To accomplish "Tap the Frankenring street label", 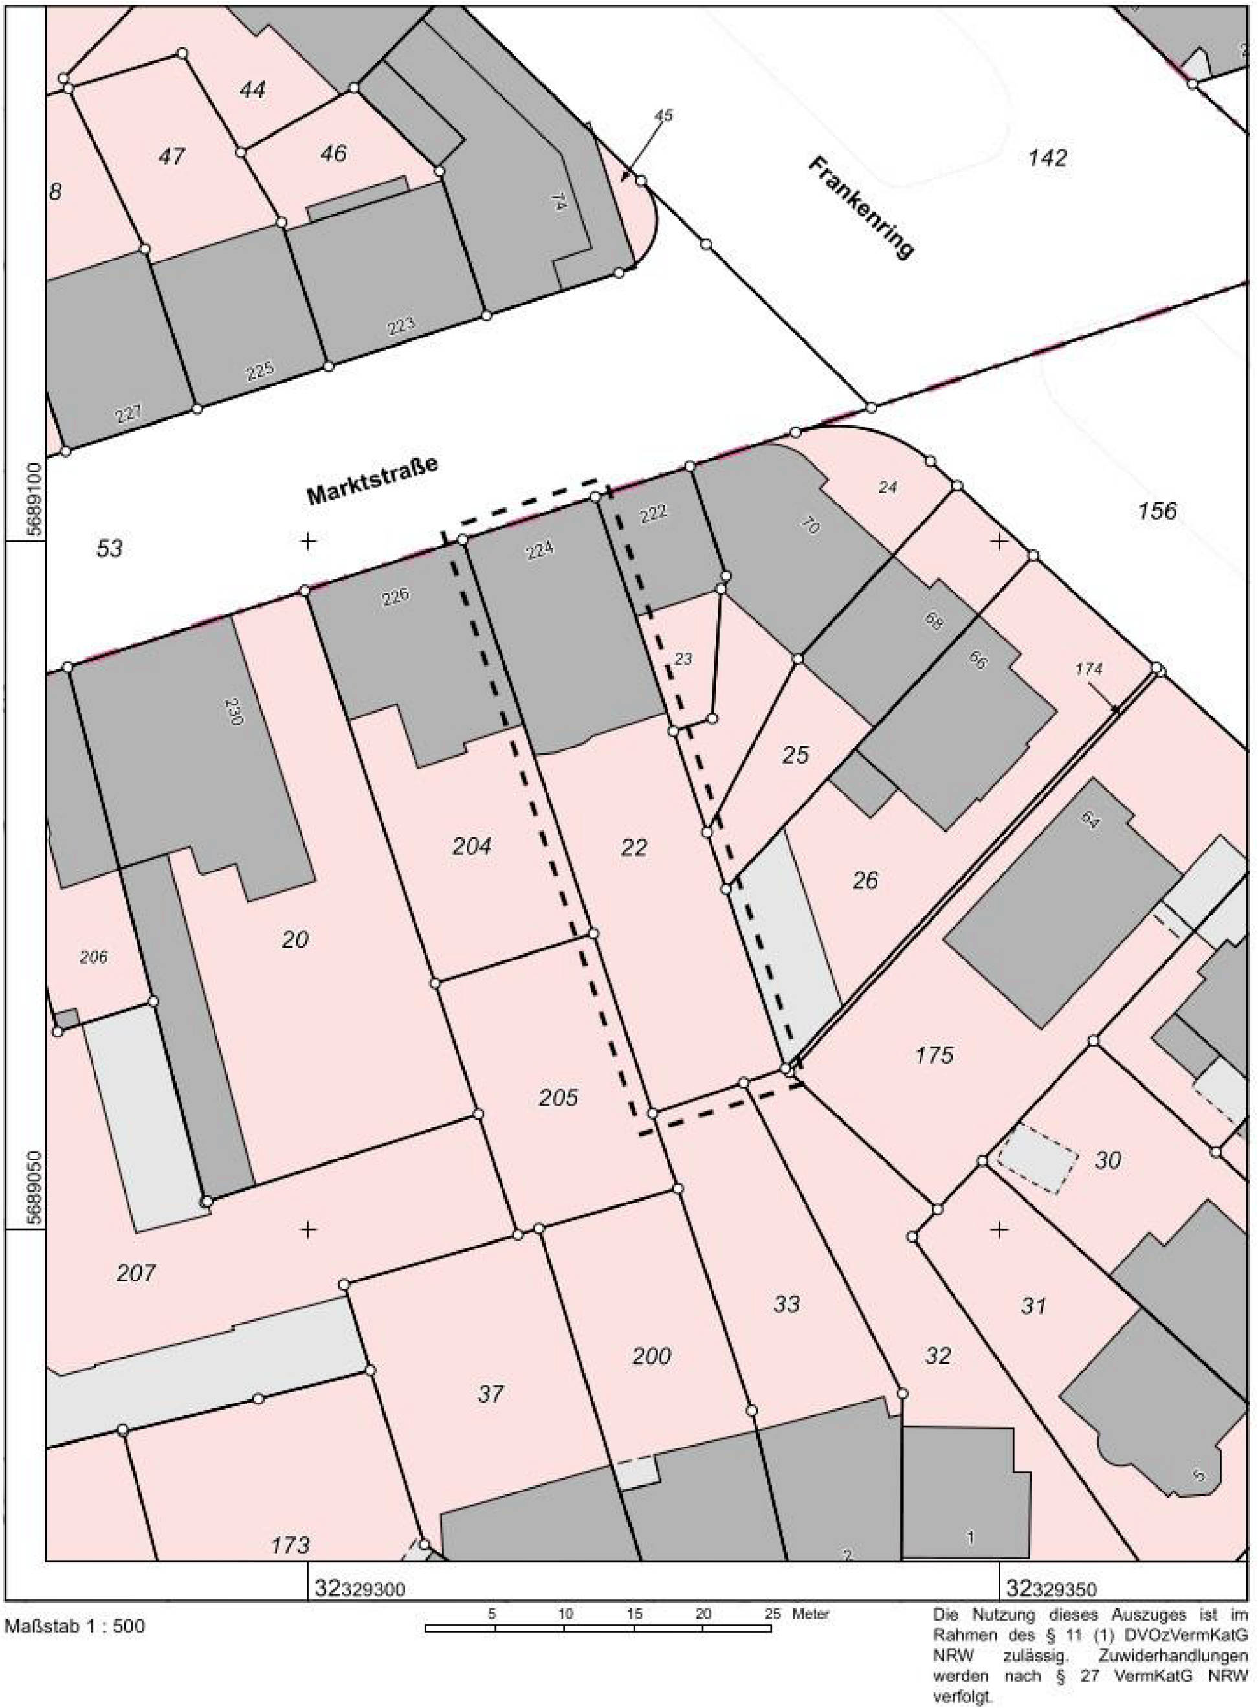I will [x=861, y=208].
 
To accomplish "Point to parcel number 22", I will [x=634, y=847].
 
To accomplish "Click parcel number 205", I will [x=558, y=1097].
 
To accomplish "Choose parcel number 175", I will [x=934, y=1055].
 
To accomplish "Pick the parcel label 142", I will [x=1048, y=158].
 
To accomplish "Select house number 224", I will [x=539, y=549].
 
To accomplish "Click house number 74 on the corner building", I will [x=559, y=201].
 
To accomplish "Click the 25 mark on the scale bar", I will [x=772, y=1613].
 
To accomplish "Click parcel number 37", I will [x=491, y=1394].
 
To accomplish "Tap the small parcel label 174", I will [x=1089, y=669].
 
